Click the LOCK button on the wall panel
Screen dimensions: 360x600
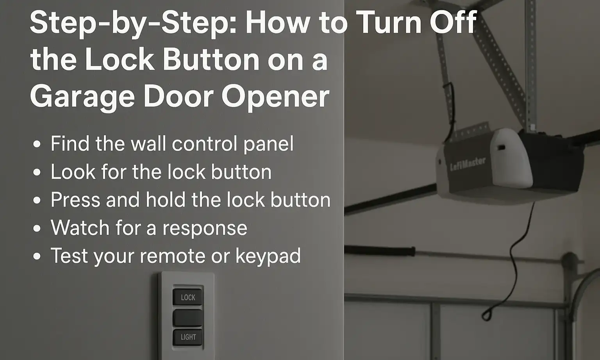coord(187,297)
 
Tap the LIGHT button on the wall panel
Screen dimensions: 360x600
coord(188,337)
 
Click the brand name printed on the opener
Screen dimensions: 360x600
coord(468,164)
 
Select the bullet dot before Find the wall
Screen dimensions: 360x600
coord(37,144)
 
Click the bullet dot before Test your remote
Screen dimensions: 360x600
coord(37,256)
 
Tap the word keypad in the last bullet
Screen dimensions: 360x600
coord(268,256)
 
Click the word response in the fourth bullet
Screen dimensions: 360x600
coord(205,228)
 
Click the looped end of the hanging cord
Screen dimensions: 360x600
coord(488,313)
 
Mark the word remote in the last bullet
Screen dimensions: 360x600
coord(172,256)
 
